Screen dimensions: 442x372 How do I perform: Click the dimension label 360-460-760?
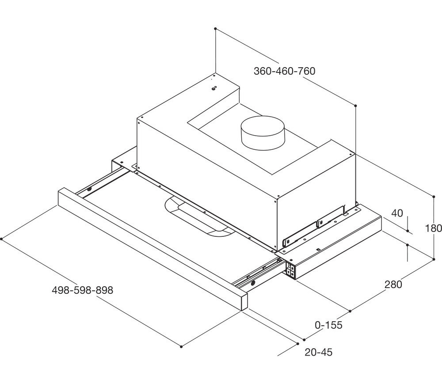[x=284, y=71]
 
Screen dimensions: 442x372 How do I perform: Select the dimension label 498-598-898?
[x=82, y=290]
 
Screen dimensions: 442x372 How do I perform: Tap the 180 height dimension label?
[x=433, y=228]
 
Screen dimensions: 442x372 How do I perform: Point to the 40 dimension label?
[x=397, y=213]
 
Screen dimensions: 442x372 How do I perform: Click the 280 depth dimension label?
[x=393, y=285]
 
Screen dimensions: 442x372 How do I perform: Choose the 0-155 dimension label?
[x=328, y=325]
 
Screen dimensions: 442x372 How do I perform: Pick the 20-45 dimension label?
[x=319, y=352]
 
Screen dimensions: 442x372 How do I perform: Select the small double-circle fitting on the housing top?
[x=214, y=88]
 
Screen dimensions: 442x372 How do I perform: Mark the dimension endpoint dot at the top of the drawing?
[x=215, y=29]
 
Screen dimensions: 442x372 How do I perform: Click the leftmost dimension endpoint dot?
[x=2, y=239]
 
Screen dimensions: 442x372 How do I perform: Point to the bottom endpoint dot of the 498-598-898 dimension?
[x=181, y=346]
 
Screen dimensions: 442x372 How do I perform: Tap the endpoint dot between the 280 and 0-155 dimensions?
[x=350, y=311]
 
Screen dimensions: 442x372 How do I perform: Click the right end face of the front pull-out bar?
[x=244, y=302]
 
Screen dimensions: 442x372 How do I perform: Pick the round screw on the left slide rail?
[x=89, y=189]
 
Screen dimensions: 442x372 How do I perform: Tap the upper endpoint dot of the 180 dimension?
[x=434, y=197]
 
